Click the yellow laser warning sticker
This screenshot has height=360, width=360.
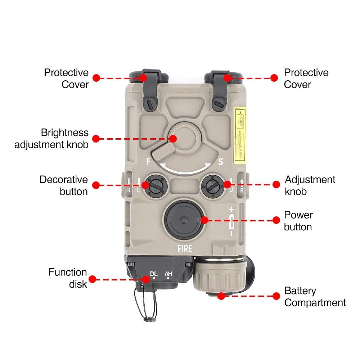[240, 134]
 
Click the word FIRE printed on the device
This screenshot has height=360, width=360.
[185, 248]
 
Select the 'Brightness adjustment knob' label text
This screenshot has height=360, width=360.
[51, 139]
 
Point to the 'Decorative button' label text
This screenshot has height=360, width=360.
[64, 185]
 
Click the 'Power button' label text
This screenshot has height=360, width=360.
[298, 221]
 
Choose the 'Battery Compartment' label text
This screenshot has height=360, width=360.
[315, 297]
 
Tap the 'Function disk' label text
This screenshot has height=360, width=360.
[68, 278]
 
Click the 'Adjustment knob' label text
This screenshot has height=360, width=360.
[310, 185]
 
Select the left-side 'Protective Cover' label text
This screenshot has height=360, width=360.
[66, 78]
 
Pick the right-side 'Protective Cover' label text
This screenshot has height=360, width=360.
[306, 78]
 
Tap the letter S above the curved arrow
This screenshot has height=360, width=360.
[220, 162]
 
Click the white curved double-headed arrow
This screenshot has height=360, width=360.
[186, 168]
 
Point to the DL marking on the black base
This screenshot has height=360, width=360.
[154, 274]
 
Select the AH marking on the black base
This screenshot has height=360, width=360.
[168, 274]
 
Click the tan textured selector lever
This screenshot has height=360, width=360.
[163, 152]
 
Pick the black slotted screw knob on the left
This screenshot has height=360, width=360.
[154, 186]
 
